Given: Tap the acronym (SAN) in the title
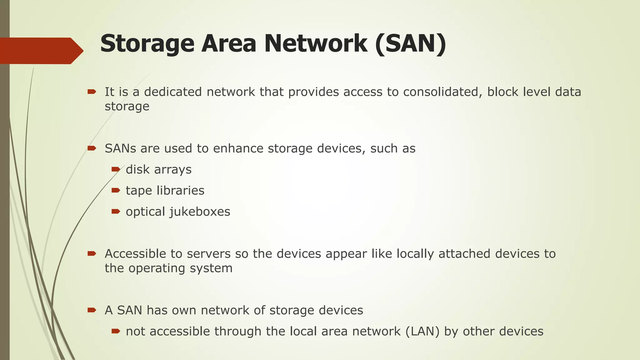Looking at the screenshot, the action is point(411,44).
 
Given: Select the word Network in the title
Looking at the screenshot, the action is point(316,44).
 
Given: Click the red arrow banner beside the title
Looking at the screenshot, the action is point(41,51).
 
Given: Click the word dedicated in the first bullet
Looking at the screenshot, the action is point(173,92).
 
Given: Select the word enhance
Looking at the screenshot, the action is point(238,148).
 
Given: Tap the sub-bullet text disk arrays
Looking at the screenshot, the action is point(159,170).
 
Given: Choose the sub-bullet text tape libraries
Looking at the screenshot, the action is point(165,191).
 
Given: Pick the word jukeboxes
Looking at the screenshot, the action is point(200,212).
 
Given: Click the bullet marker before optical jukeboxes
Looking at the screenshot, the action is point(116,212).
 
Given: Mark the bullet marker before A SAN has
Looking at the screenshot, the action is point(92,310).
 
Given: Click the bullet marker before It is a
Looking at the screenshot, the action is point(92,92).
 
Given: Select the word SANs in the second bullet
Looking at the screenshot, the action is point(120,148).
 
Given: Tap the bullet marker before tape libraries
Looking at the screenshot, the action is point(116,190).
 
